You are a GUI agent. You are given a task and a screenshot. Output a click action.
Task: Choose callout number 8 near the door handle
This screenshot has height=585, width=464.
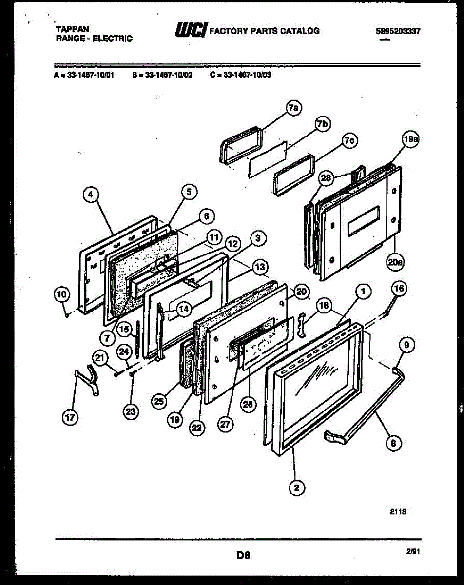(394, 443)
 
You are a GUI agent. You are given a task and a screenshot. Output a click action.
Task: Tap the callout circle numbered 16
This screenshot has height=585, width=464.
(398, 289)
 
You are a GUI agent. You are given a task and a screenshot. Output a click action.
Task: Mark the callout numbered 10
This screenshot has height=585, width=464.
(61, 294)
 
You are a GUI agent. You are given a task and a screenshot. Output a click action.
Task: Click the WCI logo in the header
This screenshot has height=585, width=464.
(190, 31)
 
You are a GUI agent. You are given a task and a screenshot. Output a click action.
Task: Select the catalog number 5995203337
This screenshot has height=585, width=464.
(398, 31)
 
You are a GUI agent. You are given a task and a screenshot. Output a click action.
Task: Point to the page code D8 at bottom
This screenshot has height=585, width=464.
(243, 554)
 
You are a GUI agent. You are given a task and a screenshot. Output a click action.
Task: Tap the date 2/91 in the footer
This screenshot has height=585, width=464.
(412, 551)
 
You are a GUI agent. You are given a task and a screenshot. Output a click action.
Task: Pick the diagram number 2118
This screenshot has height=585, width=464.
(398, 512)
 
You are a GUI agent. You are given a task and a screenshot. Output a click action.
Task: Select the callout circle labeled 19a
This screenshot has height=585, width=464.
(411, 140)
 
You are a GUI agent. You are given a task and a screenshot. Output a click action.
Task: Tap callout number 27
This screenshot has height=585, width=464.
(224, 424)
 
